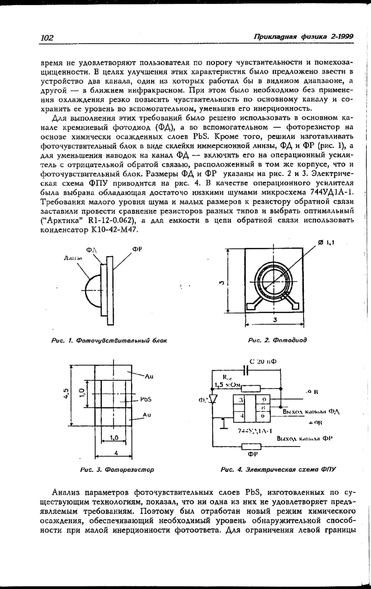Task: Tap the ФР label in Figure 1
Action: (x=137, y=249)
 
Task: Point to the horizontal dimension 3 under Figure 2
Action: (x=275, y=320)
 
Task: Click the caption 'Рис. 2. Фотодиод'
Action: (x=277, y=340)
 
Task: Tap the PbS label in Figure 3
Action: (x=146, y=399)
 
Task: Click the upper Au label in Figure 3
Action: (x=149, y=376)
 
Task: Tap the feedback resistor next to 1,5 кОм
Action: (x=251, y=388)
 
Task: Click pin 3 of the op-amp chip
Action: (x=241, y=400)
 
